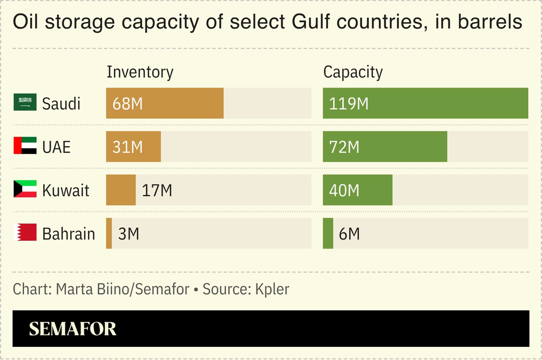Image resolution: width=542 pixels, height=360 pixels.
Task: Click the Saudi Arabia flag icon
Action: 25,103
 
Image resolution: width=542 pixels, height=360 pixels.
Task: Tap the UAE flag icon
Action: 25,146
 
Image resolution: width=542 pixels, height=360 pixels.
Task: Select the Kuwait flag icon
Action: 25,189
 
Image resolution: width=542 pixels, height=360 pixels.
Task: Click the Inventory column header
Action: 140,72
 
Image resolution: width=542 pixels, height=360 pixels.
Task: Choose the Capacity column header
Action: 353,72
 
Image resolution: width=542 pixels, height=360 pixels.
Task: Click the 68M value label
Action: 128,103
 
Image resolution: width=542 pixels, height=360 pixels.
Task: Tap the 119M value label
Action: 349,103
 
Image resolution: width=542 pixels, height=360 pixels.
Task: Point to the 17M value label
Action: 157,190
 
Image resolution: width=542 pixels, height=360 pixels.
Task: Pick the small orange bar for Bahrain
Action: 109,233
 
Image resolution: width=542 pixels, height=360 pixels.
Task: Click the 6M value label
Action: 349,233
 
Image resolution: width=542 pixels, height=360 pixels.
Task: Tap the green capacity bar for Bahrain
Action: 328,233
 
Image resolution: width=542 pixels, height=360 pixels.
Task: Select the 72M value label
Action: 344,147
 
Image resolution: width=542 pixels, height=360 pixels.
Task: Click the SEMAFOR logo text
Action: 72,329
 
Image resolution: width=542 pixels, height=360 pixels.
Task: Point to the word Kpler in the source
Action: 272,289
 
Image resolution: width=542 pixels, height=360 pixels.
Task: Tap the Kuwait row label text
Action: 65,191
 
